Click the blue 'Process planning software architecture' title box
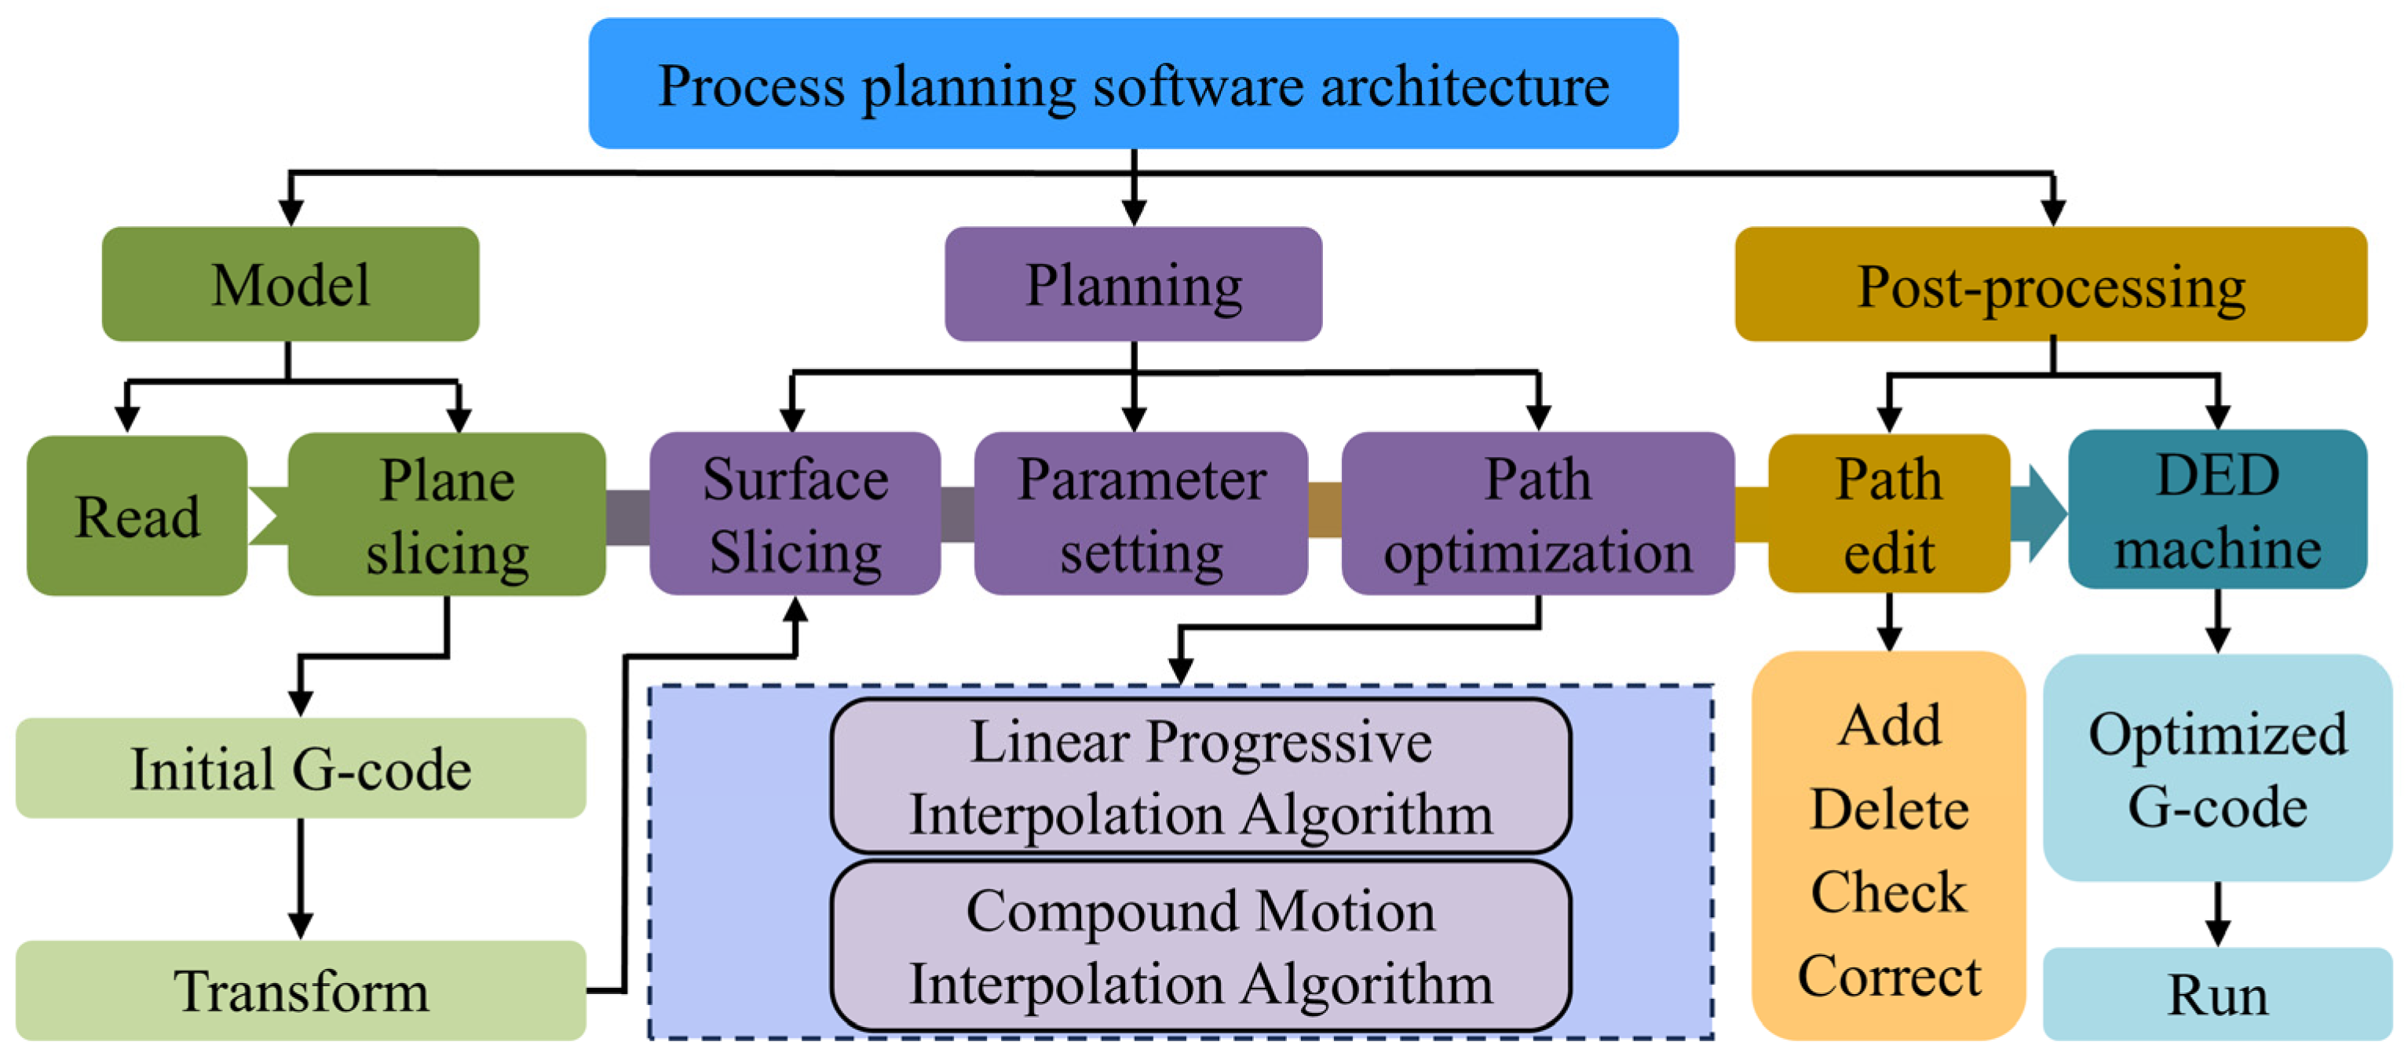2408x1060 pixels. (1133, 84)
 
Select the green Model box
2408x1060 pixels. (290, 284)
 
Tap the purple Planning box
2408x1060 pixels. (1133, 284)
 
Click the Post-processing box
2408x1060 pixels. (2051, 284)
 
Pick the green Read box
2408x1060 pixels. (137, 515)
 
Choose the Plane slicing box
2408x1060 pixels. (447, 515)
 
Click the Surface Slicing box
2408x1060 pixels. (795, 515)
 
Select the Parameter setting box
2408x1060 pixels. (1141, 515)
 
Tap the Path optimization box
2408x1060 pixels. (1538, 515)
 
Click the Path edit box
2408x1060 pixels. (1888, 515)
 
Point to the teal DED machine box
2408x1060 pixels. (2217, 510)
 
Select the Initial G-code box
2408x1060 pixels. (300, 769)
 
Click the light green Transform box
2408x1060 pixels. (300, 991)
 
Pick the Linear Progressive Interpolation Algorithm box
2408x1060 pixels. (1200, 777)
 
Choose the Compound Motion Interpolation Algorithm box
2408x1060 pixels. (1200, 946)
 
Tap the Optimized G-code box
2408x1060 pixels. (2217, 769)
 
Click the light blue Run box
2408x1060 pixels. (2217, 995)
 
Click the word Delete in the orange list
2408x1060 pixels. (1888, 809)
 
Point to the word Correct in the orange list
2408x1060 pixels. (1888, 976)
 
